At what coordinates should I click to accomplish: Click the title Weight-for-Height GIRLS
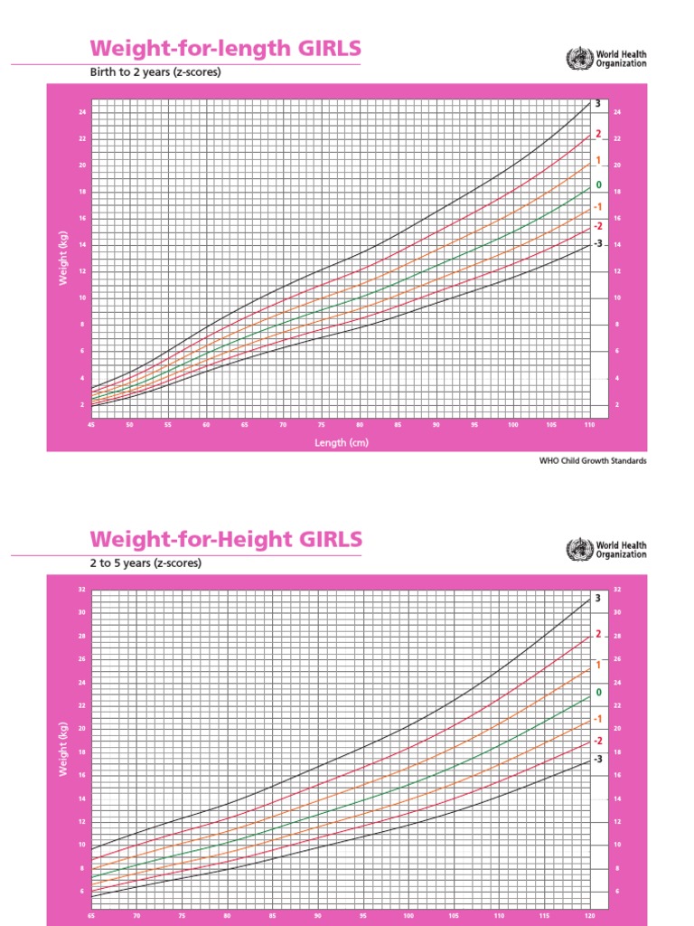click(226, 540)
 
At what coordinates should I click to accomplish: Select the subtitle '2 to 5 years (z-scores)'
click(145, 562)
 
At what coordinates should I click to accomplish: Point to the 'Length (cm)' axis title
click(341, 442)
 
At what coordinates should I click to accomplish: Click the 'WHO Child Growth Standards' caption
click(593, 460)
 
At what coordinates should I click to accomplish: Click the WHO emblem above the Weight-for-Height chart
click(575, 550)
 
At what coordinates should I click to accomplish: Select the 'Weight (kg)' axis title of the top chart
click(63, 259)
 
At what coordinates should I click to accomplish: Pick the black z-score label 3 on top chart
click(598, 105)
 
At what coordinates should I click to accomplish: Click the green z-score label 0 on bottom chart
click(598, 692)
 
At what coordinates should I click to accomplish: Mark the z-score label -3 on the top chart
click(596, 244)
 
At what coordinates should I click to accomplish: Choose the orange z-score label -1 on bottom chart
click(596, 719)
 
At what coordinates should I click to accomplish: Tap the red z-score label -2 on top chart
click(596, 226)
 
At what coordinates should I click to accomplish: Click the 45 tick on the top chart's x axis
click(90, 423)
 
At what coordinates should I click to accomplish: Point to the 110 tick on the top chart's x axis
click(589, 423)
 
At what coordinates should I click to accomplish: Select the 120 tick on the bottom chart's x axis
click(589, 915)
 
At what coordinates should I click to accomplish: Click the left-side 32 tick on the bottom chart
click(80, 590)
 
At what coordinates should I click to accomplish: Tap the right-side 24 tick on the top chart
click(617, 112)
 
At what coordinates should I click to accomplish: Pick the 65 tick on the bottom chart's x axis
click(90, 915)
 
